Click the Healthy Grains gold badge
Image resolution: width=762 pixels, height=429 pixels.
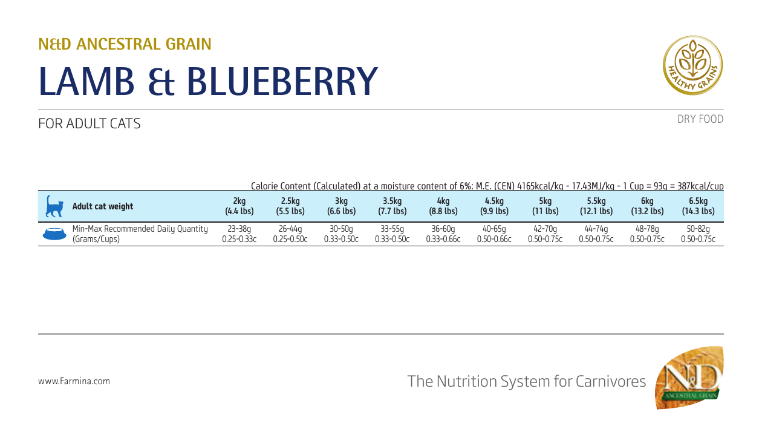pyautogui.click(x=692, y=65)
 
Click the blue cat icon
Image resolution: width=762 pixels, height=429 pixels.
pyautogui.click(x=54, y=206)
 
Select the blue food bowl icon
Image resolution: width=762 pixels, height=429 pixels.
pyautogui.click(x=54, y=234)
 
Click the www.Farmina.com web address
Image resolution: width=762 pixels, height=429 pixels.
pyautogui.click(x=74, y=381)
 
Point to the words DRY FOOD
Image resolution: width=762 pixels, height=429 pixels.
pyautogui.click(x=700, y=119)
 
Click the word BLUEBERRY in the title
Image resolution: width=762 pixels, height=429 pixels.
pyautogui.click(x=281, y=81)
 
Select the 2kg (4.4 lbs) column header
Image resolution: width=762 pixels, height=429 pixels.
pyautogui.click(x=239, y=206)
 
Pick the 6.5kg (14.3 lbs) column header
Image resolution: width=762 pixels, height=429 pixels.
pyautogui.click(x=697, y=206)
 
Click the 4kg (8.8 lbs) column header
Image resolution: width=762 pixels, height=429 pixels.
pyautogui.click(x=443, y=206)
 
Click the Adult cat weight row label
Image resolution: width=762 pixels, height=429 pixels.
pyautogui.click(x=102, y=206)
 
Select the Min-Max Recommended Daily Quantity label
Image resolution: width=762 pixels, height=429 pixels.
pyautogui.click(x=140, y=229)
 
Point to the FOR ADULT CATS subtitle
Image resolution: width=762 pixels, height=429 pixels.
pyautogui.click(x=89, y=123)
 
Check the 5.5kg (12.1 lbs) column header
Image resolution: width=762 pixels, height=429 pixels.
pyautogui.click(x=596, y=206)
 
